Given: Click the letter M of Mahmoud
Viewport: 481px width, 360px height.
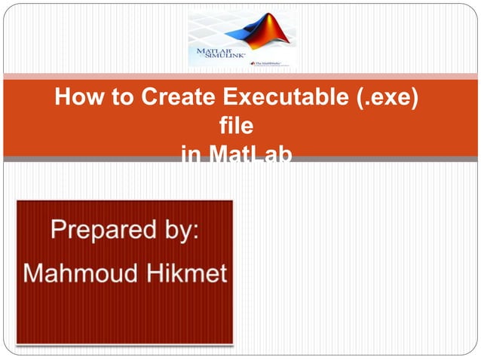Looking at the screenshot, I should tap(35, 273).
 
